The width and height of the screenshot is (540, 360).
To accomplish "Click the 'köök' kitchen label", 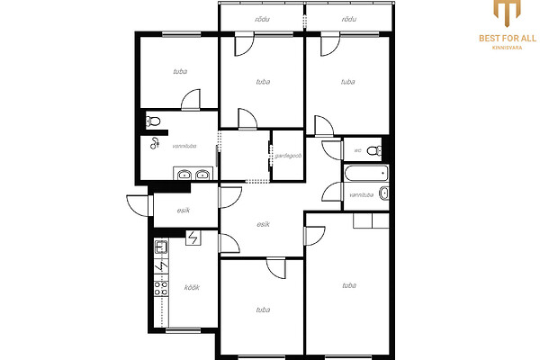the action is tap(192, 287).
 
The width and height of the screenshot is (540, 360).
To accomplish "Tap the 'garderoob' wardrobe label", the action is tap(288, 156).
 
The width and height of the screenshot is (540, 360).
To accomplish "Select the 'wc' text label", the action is tap(358, 150).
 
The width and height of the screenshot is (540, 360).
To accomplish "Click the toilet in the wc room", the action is tap(374, 150).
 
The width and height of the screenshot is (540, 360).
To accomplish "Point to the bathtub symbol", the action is tap(366, 173).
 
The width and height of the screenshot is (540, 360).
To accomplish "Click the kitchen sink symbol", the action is tap(161, 247).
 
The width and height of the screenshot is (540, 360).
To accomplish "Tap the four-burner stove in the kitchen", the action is tap(161, 288).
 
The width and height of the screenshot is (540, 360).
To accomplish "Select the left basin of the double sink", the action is tap(184, 175).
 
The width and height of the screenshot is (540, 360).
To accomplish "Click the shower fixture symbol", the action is tap(155, 143).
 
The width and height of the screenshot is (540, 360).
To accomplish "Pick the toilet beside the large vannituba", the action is tap(153, 121).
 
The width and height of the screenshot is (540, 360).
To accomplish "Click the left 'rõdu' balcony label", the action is tap(262, 19).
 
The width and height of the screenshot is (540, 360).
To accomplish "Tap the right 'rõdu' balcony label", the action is tap(349, 19).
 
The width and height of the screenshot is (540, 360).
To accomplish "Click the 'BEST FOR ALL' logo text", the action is tap(508, 38).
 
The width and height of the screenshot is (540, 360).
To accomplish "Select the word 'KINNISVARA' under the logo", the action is tap(507, 48).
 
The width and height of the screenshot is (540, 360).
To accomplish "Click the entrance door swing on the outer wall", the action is tap(139, 206).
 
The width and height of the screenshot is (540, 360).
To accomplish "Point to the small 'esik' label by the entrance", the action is tap(184, 211).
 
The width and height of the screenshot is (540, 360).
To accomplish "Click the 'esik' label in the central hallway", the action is tap(263, 224).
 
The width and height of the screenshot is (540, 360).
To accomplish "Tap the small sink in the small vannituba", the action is tap(384, 193).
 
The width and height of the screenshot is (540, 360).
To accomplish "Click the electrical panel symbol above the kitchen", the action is tap(193, 238).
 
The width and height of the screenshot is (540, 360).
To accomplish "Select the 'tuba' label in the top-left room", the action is tap(180, 72).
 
